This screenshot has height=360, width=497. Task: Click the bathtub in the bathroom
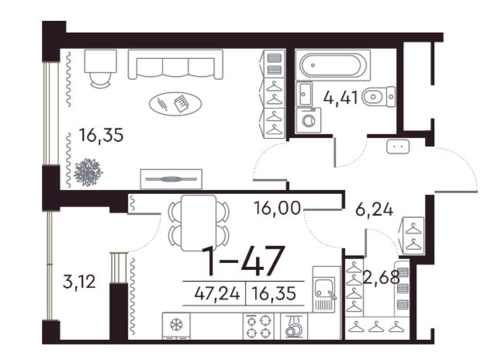(x=333, y=65)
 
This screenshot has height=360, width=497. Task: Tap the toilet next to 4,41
(x=379, y=96)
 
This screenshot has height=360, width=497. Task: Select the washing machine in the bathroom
(x=308, y=120)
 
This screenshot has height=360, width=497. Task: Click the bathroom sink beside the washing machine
(x=304, y=94)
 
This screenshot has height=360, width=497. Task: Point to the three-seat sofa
(x=175, y=64)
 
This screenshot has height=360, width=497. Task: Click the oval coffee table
(x=175, y=103)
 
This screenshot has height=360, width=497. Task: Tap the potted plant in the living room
(x=88, y=172)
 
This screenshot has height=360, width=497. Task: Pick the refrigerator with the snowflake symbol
(x=176, y=326)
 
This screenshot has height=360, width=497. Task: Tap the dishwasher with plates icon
(x=294, y=326)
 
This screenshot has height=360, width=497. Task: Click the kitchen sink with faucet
(x=325, y=289)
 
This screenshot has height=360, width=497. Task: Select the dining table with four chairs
(x=198, y=223)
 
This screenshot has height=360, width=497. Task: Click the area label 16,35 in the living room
(x=101, y=136)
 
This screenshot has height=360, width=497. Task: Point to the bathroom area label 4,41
(x=340, y=98)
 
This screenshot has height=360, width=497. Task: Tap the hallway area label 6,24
(x=374, y=210)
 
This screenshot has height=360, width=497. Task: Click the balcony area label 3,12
(x=79, y=282)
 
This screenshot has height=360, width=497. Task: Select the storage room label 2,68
(x=381, y=279)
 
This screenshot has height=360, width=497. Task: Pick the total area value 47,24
(x=217, y=294)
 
